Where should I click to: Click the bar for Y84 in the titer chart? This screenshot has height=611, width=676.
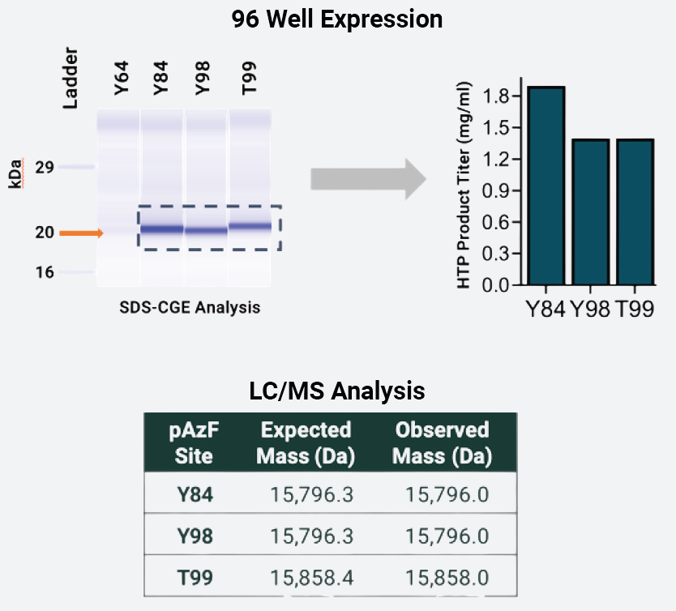tap(546, 186)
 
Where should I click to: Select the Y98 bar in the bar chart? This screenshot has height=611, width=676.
tap(591, 212)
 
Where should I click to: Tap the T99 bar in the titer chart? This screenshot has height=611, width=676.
tap(635, 212)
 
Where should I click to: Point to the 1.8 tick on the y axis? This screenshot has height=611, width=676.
tap(495, 96)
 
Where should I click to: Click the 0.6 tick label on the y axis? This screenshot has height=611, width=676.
tap(495, 222)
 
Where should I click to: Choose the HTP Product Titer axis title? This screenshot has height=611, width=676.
tap(464, 185)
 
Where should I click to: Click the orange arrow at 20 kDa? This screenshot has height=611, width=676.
tap(81, 233)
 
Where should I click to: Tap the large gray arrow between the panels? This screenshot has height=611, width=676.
tap(369, 179)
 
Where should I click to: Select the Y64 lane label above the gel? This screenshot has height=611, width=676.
tap(122, 78)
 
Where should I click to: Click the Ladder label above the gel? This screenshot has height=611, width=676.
tap(71, 78)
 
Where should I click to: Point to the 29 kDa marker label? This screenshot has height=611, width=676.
tap(45, 167)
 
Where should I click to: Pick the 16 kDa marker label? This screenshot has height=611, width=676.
tap(45, 272)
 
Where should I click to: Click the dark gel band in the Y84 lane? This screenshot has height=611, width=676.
tap(162, 229)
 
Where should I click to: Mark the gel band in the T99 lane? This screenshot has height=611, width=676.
tap(250, 226)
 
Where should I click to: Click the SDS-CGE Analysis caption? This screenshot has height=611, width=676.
tap(190, 308)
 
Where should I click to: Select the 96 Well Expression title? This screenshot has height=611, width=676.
tap(337, 19)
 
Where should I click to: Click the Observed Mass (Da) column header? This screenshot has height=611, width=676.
tap(443, 443)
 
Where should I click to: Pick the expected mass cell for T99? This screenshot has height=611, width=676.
tap(312, 578)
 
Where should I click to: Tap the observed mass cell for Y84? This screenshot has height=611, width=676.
tap(447, 494)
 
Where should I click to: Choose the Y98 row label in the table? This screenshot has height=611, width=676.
tap(195, 536)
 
